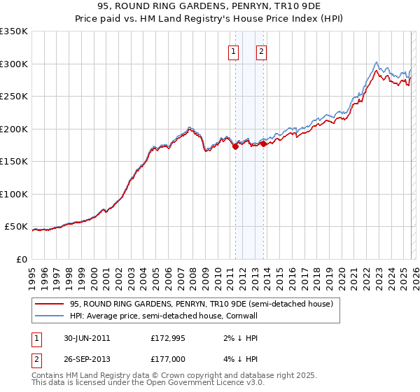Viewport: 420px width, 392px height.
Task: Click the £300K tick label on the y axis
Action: [x=14, y=64]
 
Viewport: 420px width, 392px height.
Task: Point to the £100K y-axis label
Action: [x=14, y=194]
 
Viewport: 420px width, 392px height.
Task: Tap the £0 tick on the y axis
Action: [x=22, y=259]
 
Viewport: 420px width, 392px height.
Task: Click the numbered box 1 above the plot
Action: [x=232, y=50]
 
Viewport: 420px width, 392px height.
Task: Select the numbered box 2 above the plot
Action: [x=261, y=50]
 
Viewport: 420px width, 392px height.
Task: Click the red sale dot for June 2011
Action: [x=235, y=146]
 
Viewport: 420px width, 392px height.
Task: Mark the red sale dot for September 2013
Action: [x=263, y=144]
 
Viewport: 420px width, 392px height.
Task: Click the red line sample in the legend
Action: [x=49, y=304]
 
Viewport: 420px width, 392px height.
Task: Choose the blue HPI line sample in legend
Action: [x=49, y=316]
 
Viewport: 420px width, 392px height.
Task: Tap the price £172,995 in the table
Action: [x=169, y=338]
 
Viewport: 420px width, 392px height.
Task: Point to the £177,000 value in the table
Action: [x=169, y=359]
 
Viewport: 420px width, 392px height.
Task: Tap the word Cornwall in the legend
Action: [x=240, y=316]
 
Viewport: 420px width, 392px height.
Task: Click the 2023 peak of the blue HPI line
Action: [x=377, y=62]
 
